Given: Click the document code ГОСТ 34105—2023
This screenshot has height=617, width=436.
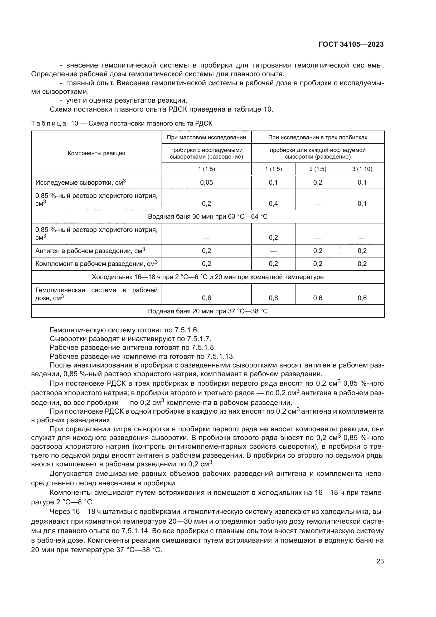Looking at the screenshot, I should tap(351, 45).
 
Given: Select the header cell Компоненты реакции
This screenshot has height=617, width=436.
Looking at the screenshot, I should tap(96, 154).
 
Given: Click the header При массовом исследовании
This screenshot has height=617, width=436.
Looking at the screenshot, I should tap(206, 138).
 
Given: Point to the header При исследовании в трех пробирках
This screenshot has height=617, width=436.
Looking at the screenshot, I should tap(318, 138).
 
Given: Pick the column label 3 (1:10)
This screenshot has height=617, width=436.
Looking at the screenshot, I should tap(362, 169).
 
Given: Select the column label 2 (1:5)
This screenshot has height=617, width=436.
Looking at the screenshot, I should tap(318, 169).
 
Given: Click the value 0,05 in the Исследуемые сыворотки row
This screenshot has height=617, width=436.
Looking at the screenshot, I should tap(206, 183).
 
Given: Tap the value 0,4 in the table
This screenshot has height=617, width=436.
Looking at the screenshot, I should tap(273, 204).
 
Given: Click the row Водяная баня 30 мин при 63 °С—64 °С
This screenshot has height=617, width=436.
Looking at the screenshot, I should tap(207, 217).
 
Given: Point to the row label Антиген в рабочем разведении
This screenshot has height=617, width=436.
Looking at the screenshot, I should tap(90, 251).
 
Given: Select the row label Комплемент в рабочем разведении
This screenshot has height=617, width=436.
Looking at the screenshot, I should tap(96, 264).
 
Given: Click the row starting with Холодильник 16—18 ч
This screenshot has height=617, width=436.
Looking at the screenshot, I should tap(207, 277).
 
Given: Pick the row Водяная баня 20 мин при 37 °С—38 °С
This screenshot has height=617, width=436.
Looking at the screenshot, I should tap(207, 311).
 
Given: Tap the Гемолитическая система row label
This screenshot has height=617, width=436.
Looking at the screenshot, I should tap(96, 294).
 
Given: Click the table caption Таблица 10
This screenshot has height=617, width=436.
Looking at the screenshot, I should tap(121, 124).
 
